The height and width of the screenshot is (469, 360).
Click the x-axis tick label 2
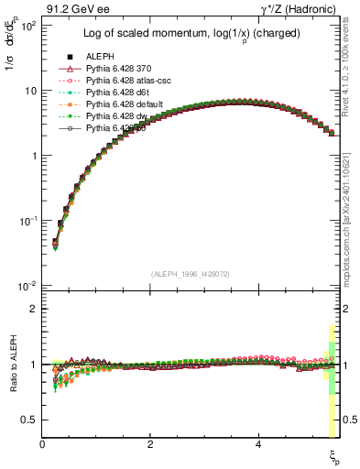[150, 443]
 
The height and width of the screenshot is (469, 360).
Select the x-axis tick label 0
[42, 443]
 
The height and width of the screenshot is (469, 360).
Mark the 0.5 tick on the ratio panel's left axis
[29, 420]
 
